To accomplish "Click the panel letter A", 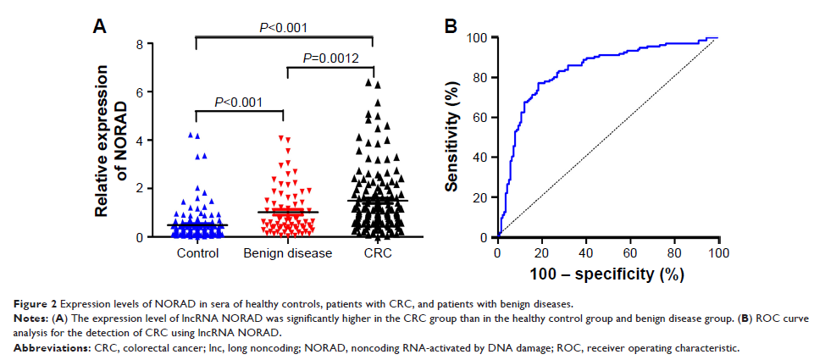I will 99,27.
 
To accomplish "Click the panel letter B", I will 451,27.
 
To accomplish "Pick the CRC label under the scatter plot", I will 374,253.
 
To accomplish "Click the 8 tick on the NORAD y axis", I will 139,43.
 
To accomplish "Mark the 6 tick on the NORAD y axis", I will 139,91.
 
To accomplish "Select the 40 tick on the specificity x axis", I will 586,252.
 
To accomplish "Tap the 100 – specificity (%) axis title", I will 607,274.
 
